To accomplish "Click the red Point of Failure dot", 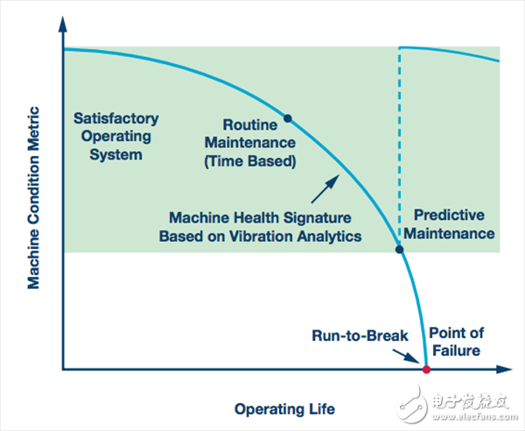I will coord(426,371).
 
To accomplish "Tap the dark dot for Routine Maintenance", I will coord(287,117).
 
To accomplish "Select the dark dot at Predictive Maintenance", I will coord(400,250).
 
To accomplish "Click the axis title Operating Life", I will coord(284,408).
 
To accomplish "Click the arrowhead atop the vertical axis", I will coord(63,22).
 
